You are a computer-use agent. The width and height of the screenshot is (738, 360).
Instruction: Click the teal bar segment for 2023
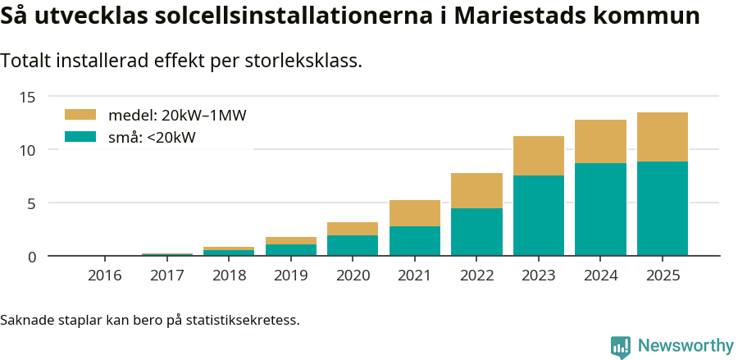(539, 216)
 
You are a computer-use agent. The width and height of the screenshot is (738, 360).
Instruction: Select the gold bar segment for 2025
(663, 137)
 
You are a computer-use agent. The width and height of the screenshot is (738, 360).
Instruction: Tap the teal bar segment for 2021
(415, 241)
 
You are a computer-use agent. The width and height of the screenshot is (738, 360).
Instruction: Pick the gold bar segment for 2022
(476, 190)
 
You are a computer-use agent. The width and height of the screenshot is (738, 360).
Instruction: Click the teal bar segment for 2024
(600, 209)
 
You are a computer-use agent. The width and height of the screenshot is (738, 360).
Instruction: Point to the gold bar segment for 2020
(353, 229)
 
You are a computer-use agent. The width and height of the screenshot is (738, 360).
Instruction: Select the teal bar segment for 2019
(291, 250)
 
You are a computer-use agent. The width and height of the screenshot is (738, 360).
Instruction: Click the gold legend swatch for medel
(80, 115)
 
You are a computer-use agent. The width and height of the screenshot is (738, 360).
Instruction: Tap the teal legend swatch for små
(80, 137)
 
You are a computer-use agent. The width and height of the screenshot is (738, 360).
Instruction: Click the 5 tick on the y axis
(32, 203)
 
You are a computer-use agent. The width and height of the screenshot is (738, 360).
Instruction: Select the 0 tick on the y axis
(32, 257)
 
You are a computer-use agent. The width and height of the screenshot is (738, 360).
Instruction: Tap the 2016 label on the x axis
(105, 276)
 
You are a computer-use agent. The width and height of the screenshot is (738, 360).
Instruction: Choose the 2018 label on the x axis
(229, 276)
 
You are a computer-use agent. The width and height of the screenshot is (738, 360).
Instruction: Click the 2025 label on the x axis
(663, 276)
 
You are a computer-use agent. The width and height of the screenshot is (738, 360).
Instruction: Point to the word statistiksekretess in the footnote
(243, 319)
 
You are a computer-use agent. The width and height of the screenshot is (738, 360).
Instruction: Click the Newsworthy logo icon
(621, 346)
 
